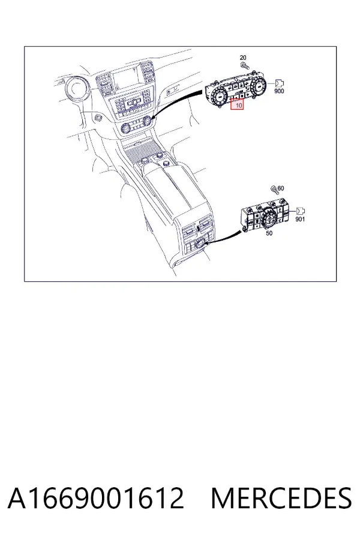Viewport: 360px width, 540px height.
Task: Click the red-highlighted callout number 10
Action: point(238,104)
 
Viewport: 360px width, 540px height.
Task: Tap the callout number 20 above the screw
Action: point(243,58)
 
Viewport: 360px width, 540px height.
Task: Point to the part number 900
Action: point(279,91)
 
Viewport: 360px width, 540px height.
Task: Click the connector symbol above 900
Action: point(280,83)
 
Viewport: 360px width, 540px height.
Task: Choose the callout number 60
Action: point(281,188)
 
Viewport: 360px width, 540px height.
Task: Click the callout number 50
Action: point(269,233)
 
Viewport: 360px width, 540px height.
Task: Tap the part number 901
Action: point(300,219)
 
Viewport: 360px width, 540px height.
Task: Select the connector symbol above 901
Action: point(301,211)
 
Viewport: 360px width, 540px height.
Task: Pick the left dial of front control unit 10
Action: point(218,97)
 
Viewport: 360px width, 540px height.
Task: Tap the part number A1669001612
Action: point(96,498)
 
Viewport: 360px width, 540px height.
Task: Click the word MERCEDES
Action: point(281,498)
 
